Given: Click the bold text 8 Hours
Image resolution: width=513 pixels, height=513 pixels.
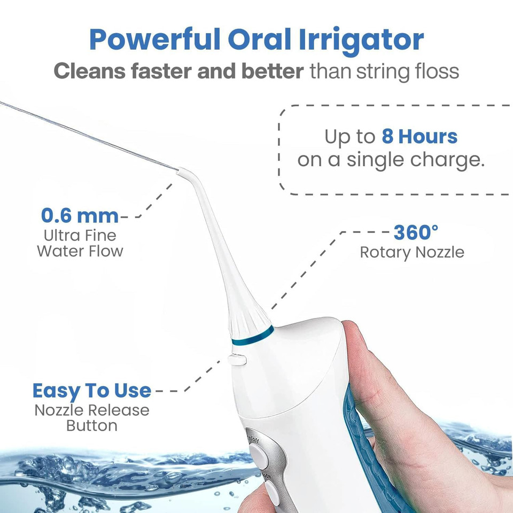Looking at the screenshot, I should pos(419,137).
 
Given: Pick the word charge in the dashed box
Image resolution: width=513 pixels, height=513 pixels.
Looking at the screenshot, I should pos(448,160).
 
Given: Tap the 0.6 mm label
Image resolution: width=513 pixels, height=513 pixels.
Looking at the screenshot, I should pos(80,216).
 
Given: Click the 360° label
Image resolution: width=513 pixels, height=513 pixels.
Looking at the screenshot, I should pos(416,233).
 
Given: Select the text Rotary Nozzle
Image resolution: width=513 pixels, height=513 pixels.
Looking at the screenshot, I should pos(412,252).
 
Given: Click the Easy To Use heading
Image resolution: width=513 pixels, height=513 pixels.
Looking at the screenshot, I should pos(92,391).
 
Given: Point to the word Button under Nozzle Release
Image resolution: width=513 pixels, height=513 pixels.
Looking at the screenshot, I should pos(92,426).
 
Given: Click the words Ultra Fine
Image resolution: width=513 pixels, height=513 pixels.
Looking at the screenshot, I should pos(80,235).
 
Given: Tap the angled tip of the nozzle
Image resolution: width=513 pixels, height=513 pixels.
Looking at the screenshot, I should pos(182,172).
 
